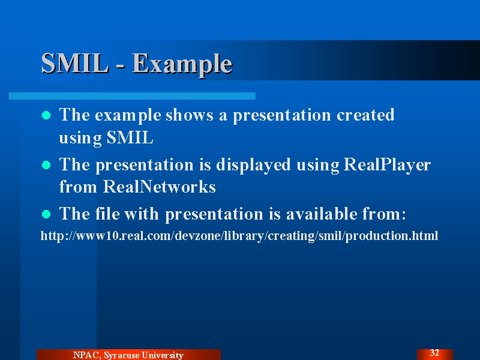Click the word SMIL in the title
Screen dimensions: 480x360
(x=75, y=64)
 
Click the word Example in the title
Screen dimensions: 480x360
(x=182, y=65)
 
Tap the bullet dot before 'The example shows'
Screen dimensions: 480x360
(x=46, y=115)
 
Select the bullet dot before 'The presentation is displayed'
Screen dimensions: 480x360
(x=46, y=165)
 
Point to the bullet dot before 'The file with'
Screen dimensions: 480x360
(x=46, y=214)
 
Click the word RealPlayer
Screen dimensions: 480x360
(x=387, y=166)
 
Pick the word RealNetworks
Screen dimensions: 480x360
(x=159, y=187)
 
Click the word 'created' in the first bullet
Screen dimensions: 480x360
(x=365, y=115)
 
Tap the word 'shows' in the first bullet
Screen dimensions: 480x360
(x=190, y=115)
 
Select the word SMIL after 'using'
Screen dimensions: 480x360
(x=130, y=137)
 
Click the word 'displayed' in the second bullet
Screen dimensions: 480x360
(x=253, y=166)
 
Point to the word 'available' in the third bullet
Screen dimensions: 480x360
(x=322, y=214)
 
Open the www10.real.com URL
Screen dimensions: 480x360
(x=239, y=236)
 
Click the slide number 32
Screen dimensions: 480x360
(x=434, y=353)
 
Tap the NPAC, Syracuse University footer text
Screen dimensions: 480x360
(x=128, y=355)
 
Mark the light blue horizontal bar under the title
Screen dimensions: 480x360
(x=131, y=96)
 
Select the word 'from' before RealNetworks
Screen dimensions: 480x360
(x=78, y=187)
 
